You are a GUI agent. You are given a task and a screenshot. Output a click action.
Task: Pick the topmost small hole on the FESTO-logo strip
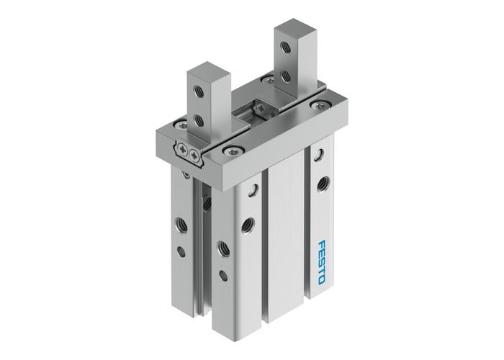click(317, 153)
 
